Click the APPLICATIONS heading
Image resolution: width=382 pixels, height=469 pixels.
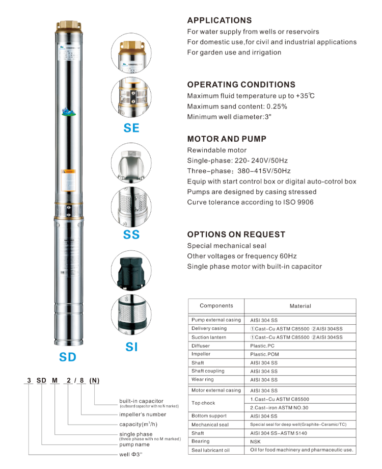pos(219,20)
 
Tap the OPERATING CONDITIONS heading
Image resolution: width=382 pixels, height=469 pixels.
pos(241,85)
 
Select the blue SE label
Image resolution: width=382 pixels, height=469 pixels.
pos(131,128)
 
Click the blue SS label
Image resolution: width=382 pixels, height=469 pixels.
pos(131,235)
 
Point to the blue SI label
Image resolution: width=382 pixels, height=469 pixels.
pos(131,347)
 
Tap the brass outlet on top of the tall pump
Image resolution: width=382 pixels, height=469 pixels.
pos(68,24)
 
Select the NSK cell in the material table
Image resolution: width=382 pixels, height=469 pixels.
pos(256,441)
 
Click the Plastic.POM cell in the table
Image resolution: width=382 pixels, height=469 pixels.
pos(264,354)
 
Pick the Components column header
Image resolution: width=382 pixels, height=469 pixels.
pos(216,306)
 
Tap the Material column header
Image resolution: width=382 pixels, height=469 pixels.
pos(300,306)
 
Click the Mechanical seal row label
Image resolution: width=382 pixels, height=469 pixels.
pos(210,424)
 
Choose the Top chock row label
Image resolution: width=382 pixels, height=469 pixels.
pos(204,403)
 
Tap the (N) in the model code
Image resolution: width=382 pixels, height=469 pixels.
pos(94,382)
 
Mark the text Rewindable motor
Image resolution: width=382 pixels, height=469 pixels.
pos(216,150)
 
